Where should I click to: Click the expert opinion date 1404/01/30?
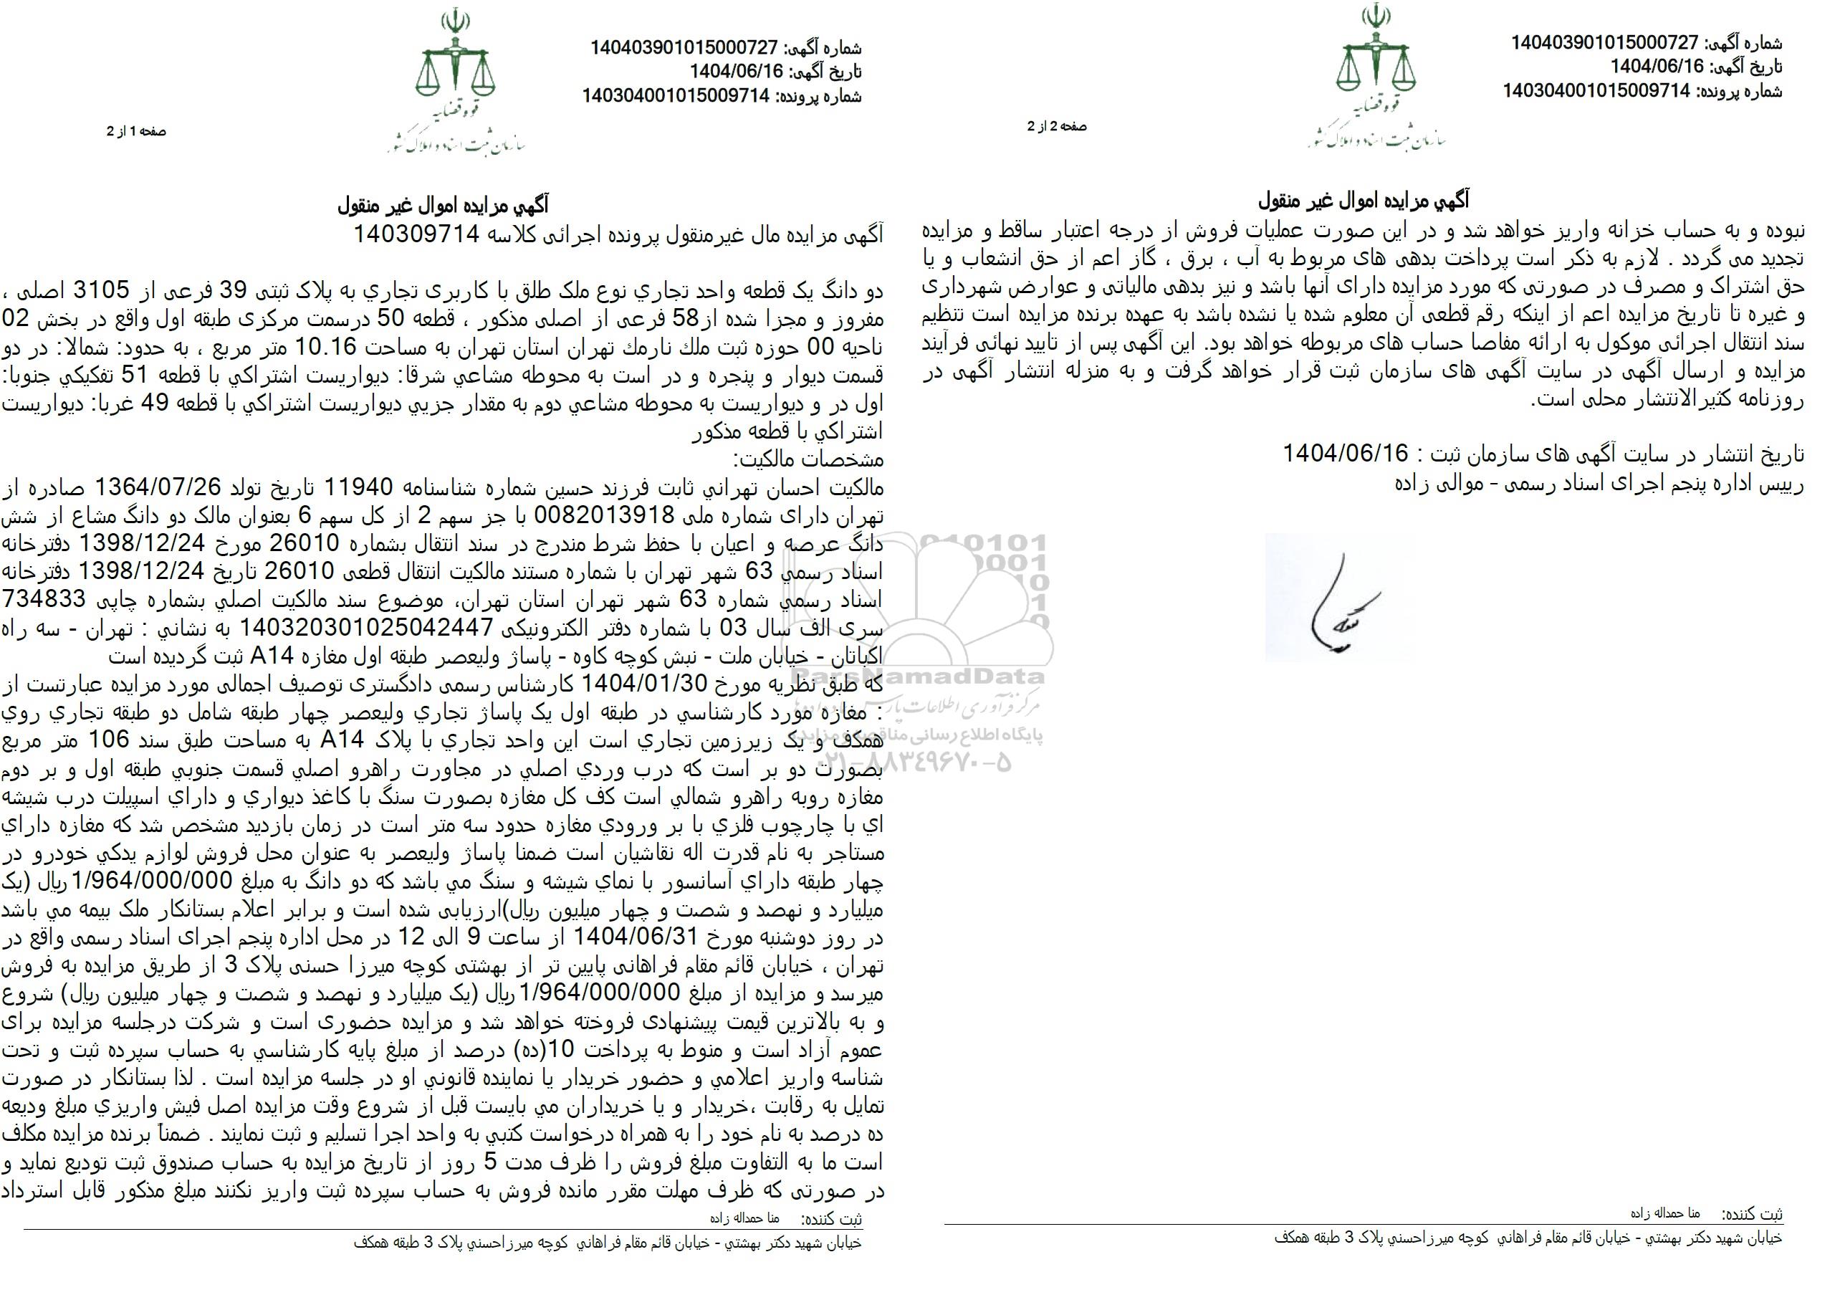pyautogui.click(x=642, y=684)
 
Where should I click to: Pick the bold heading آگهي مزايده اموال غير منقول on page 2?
pyautogui.click(x=1363, y=200)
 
